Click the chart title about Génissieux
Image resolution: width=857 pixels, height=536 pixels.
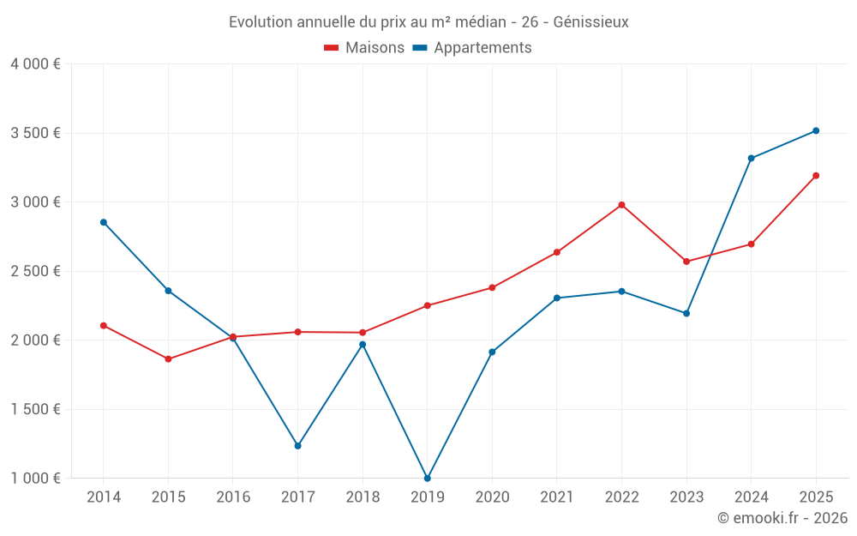tap(428, 22)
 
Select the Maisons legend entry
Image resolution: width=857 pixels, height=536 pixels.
tap(364, 48)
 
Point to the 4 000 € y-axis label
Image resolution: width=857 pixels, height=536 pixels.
tap(35, 64)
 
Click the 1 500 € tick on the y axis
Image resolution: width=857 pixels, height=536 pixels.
tap(35, 409)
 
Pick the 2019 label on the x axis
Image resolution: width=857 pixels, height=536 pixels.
tap(427, 497)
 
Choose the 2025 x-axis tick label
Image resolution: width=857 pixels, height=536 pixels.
tap(815, 497)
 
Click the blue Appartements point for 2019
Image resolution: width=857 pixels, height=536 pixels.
tap(427, 478)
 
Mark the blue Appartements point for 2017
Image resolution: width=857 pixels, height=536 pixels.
tap(297, 446)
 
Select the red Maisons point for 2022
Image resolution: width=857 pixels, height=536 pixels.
tap(621, 205)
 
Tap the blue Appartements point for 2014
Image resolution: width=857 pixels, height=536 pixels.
tap(104, 222)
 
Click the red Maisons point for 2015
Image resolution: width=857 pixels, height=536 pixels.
tap(168, 358)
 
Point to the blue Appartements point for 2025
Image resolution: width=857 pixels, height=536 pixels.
tap(816, 130)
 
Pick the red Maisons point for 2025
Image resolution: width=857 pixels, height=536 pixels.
tap(816, 176)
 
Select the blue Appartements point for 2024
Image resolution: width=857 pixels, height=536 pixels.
tap(751, 158)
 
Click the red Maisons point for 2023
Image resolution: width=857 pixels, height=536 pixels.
tap(686, 262)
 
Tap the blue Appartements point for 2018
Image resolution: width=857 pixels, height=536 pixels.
tap(363, 344)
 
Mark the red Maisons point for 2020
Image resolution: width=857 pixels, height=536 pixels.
tap(492, 287)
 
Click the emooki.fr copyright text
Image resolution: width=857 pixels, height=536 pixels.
tap(782, 518)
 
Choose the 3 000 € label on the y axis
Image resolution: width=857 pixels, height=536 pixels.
tap(35, 202)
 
